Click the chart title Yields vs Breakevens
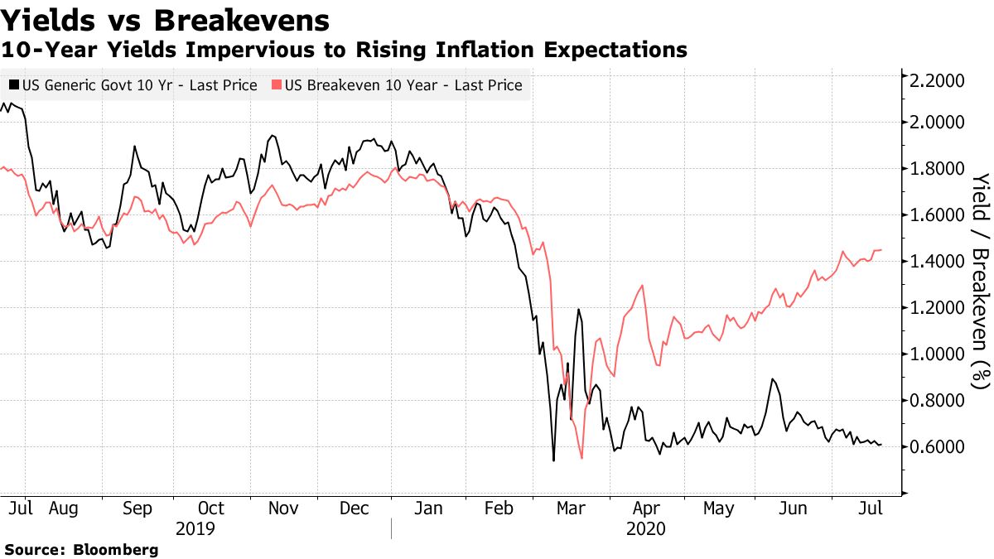pos(166,19)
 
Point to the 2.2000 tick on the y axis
pos(938,81)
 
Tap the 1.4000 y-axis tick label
pos(938,262)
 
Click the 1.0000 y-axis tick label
pos(938,354)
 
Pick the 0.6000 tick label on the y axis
pos(938,447)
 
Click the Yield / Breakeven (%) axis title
pos(981,281)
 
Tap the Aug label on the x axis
pos(63,508)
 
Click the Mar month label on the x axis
pos(571,508)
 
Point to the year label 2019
pos(195,528)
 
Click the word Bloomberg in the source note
pos(116,549)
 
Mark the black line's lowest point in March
pos(552,460)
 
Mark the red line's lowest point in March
pos(581,458)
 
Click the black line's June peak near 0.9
pos(772,379)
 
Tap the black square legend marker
pos(14,85)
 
